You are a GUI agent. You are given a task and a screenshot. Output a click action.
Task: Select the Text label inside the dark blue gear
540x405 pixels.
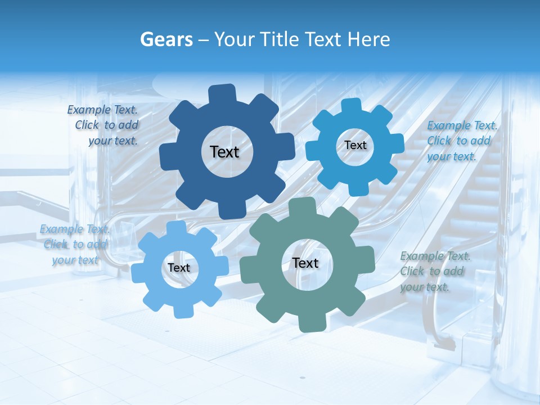224,152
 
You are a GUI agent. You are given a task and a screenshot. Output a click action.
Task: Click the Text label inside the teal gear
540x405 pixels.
305,263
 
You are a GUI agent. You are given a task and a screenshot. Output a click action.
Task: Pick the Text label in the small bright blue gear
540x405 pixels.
355,145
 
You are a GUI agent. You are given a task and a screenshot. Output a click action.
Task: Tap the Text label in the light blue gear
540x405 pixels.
179,268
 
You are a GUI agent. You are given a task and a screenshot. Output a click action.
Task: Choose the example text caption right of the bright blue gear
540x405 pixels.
461,141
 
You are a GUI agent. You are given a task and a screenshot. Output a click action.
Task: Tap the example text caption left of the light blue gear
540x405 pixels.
75,244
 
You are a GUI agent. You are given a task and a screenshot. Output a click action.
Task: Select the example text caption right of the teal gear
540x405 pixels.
435,272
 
